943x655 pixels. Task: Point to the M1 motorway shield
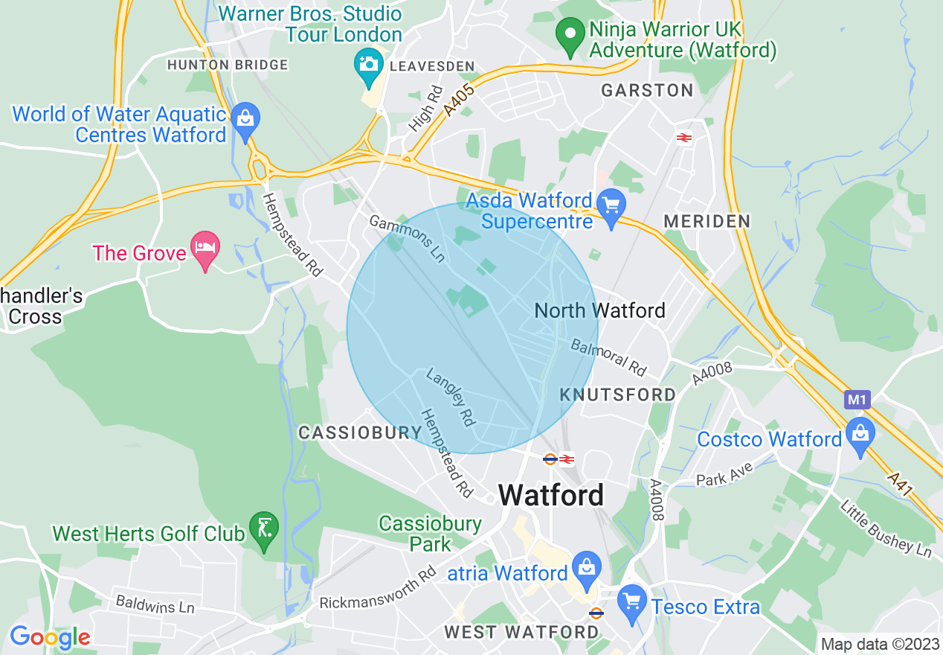click(857, 400)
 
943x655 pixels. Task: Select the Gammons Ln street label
click(408, 239)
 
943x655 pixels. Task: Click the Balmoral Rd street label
click(608, 357)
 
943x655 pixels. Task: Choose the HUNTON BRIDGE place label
click(228, 65)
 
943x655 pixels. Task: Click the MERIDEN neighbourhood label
click(707, 221)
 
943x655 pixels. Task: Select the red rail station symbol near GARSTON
click(684, 137)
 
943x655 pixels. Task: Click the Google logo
click(50, 637)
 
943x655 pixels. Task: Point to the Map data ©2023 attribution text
click(880, 644)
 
